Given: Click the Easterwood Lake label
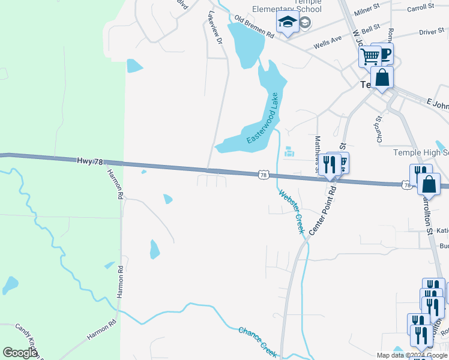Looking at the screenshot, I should coord(262,119).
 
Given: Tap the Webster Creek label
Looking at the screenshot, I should coord(291,211).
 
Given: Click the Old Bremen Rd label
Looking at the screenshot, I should coord(254,27).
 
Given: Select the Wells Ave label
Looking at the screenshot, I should coord(327,43).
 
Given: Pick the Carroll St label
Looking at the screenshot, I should coord(420,7).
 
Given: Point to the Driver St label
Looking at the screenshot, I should coord(431,31).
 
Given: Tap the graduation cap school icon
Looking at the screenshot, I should coord(288,23).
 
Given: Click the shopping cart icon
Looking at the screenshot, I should coord(370,56).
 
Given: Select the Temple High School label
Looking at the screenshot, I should coord(421,153).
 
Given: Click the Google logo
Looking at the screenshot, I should coord(20,353).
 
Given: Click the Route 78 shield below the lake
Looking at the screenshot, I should coord(262,175).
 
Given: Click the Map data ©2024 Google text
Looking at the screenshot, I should coord(412,355).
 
